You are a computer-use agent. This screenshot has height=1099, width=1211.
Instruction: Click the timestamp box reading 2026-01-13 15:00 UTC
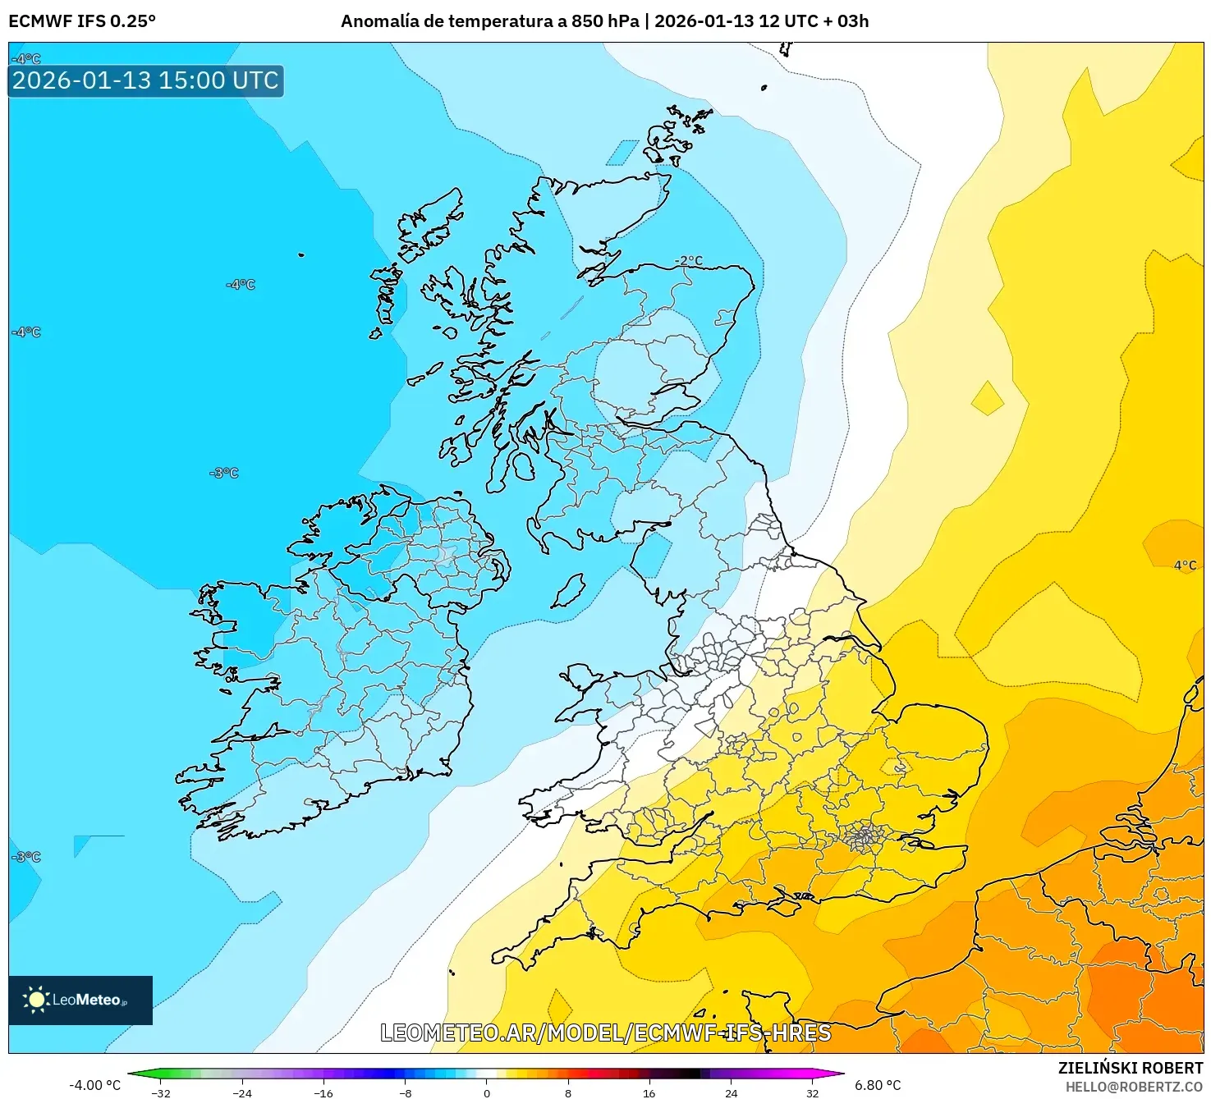[x=145, y=80]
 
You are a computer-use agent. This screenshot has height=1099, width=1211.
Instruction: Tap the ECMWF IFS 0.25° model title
[x=82, y=21]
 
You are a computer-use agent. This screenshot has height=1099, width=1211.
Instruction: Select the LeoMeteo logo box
[x=80, y=1000]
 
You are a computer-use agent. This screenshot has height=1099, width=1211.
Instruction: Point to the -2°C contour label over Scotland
[x=689, y=261]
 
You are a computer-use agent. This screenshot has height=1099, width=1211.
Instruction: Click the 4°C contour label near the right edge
[x=1185, y=566]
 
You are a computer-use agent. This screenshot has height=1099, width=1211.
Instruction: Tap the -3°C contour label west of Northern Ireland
[x=224, y=474]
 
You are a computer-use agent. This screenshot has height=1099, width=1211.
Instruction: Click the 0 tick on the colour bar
[x=486, y=1092]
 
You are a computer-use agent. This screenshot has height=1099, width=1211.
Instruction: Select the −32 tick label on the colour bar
[x=162, y=1092]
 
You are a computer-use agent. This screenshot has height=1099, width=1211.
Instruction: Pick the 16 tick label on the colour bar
[x=649, y=1092]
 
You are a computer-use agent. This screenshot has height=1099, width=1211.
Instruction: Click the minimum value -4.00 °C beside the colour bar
[x=94, y=1085]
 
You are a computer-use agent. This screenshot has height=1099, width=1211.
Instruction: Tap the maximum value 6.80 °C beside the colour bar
[x=878, y=1085]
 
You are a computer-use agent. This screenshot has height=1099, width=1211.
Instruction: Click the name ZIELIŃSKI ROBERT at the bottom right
[x=1130, y=1068]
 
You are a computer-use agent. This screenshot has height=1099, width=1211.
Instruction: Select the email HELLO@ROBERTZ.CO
[x=1133, y=1087]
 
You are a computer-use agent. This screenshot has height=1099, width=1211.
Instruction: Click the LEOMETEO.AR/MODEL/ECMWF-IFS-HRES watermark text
[x=605, y=1033]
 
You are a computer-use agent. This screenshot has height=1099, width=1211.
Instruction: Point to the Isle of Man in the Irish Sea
[x=568, y=591]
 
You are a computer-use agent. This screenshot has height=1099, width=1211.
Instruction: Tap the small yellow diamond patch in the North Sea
[x=987, y=400]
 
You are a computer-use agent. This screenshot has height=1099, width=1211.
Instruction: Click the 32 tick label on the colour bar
[x=812, y=1092]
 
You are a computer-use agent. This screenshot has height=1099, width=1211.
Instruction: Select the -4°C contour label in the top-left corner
[x=26, y=59]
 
